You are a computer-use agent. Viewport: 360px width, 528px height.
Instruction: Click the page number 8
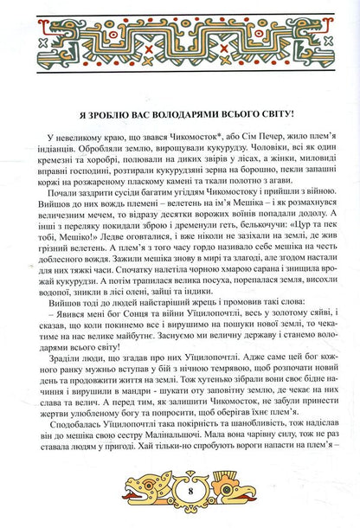pos(180,506)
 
